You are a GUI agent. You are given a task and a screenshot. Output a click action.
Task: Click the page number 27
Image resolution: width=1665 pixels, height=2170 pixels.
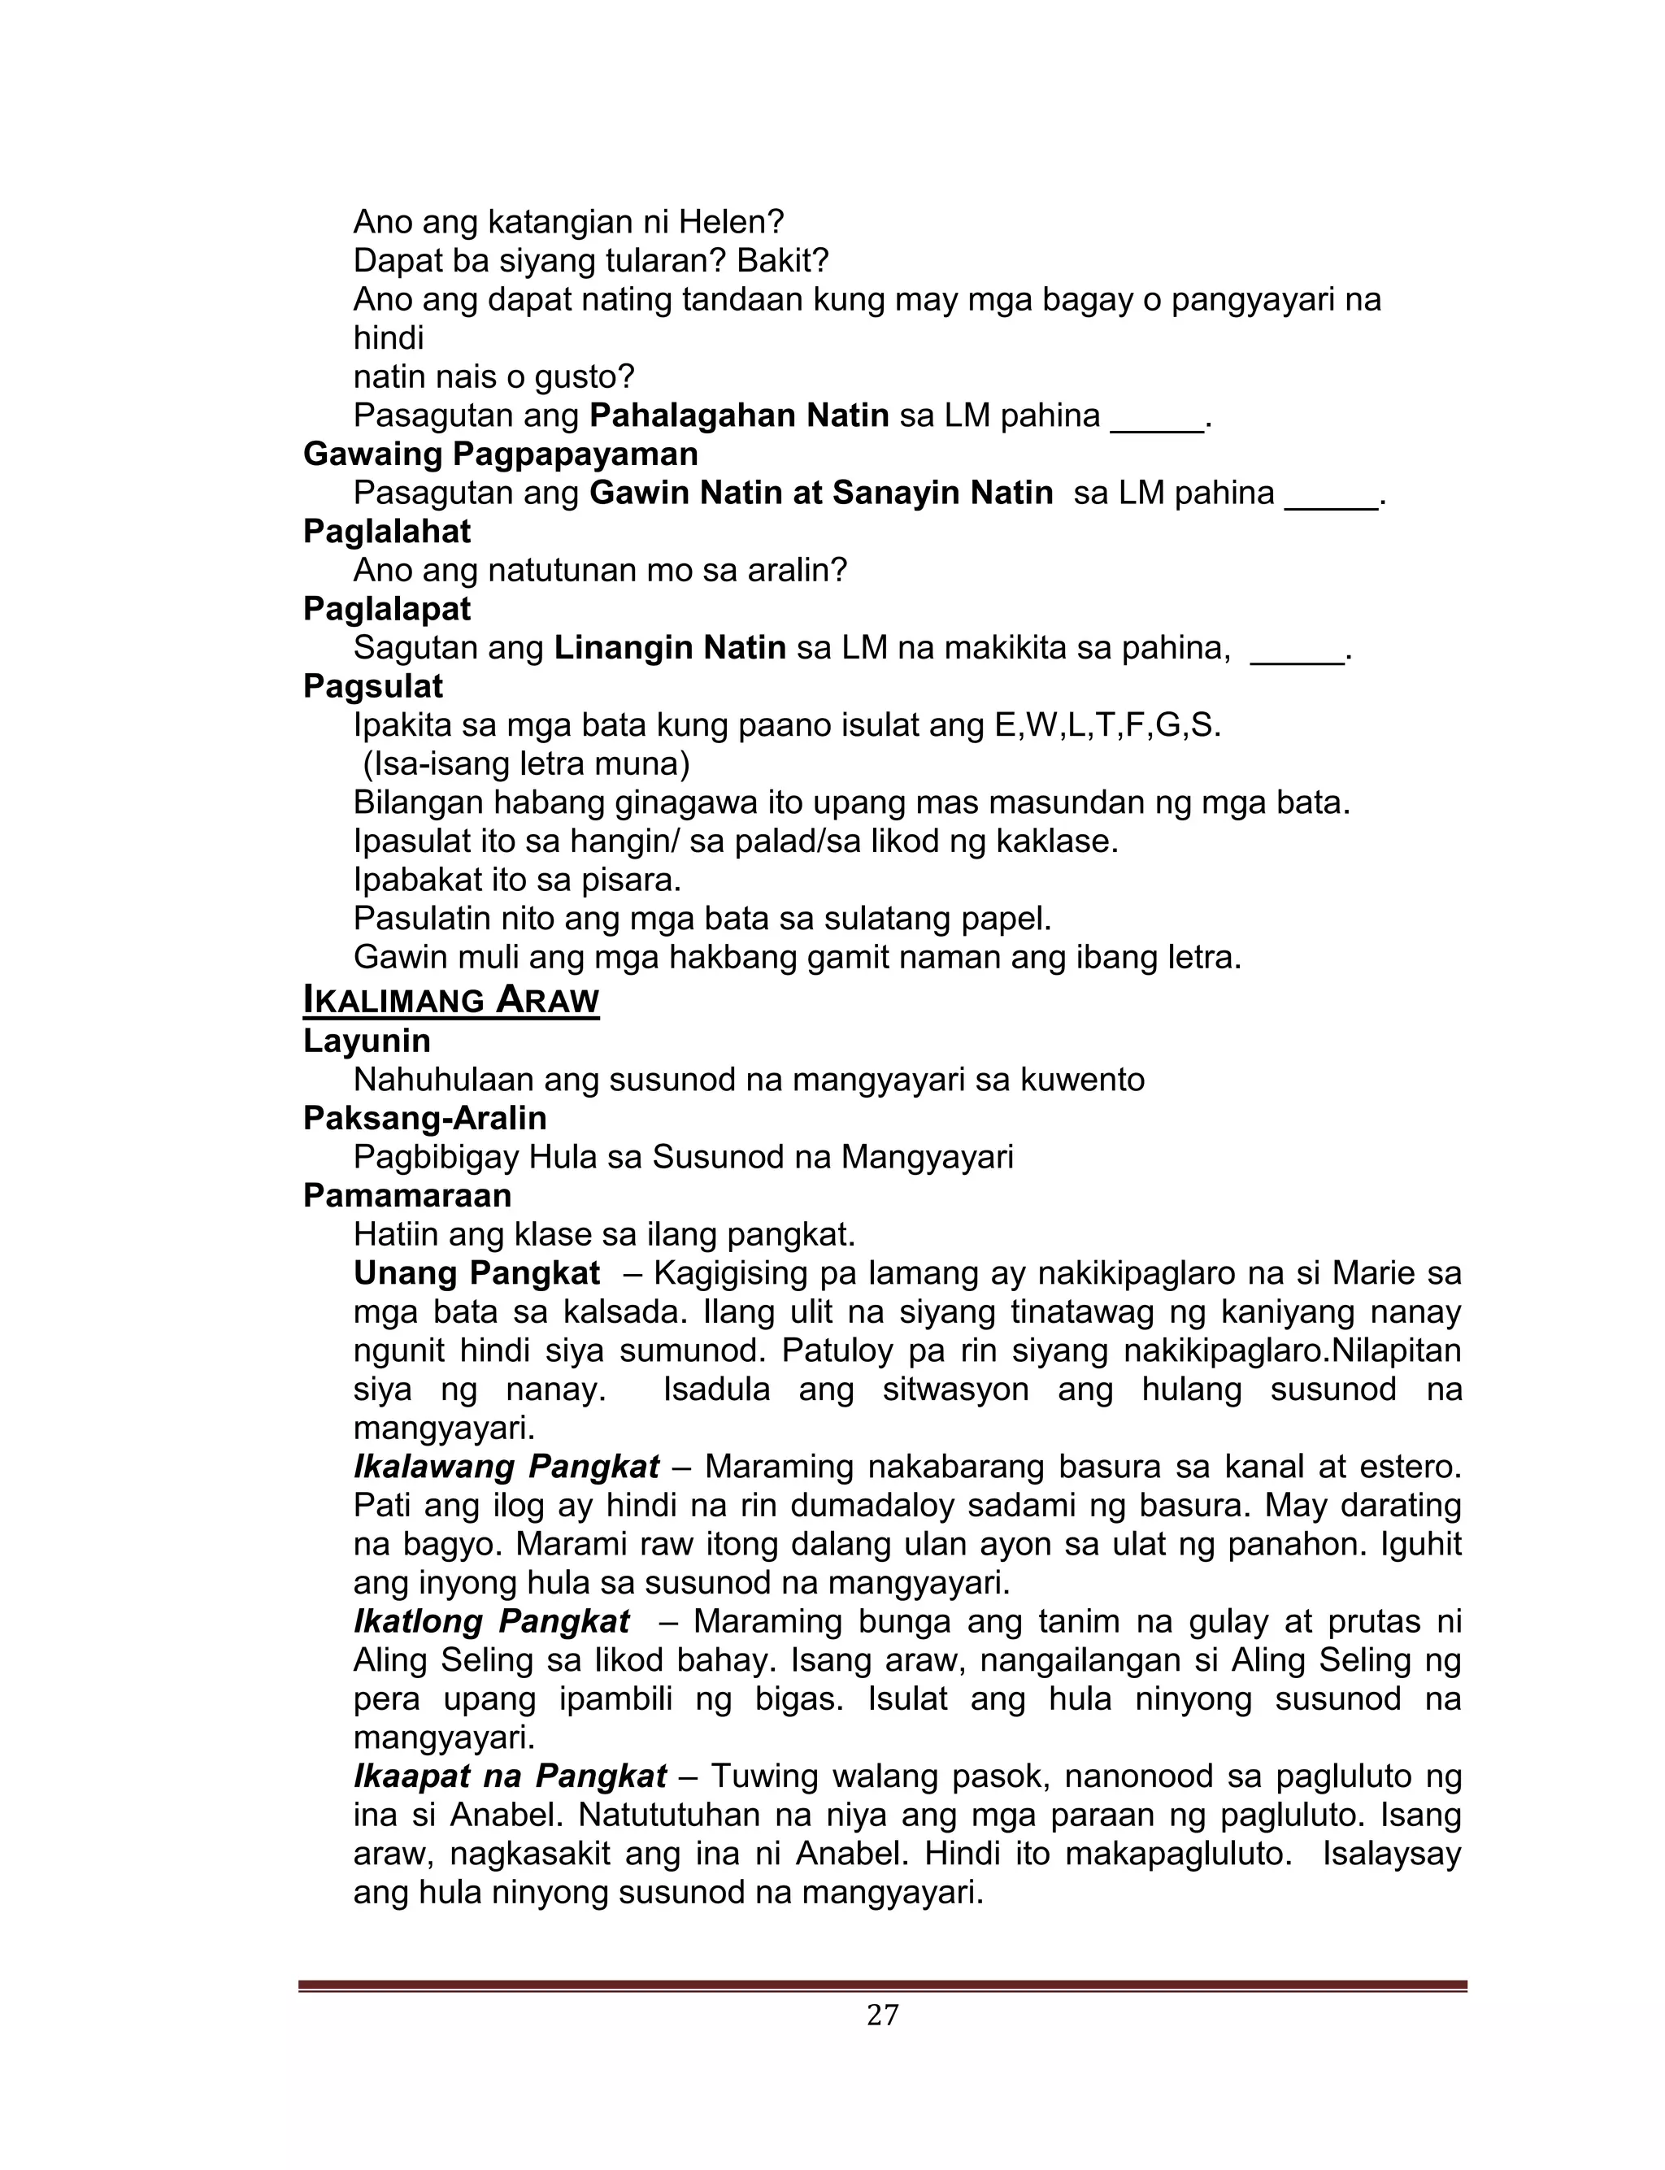click(882, 2015)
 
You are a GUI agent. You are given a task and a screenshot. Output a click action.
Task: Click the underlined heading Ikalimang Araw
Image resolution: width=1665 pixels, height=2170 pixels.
click(451, 1000)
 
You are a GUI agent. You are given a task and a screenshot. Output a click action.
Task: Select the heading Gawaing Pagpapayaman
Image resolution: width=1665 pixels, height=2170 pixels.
click(501, 454)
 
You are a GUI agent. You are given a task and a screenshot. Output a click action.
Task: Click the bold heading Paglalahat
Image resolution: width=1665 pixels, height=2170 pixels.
click(386, 532)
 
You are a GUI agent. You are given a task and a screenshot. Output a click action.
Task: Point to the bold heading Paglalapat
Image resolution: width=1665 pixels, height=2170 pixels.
click(386, 610)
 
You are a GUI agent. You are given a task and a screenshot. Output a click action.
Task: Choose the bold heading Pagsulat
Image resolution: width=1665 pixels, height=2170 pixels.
click(372, 687)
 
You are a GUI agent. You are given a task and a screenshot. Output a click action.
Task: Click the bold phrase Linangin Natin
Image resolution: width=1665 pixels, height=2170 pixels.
click(670, 648)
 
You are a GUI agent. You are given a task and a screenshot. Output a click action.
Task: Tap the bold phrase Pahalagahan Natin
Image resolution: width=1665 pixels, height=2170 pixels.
click(739, 415)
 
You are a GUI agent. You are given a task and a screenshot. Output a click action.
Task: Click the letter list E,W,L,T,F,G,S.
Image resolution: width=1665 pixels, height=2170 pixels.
click(1107, 725)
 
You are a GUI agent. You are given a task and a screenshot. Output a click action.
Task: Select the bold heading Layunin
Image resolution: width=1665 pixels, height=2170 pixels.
click(367, 1041)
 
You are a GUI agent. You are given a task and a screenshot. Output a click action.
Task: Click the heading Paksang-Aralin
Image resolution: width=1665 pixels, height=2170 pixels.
click(425, 1118)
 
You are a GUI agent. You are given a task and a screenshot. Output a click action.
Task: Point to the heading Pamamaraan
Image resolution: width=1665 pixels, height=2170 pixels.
click(407, 1196)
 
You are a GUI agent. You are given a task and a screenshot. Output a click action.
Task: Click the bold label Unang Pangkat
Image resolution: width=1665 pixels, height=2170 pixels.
click(476, 1273)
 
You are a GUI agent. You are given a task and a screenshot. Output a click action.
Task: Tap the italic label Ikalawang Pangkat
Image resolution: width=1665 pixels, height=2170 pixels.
click(506, 1467)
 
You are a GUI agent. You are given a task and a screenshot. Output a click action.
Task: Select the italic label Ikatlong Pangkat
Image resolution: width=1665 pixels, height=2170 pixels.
click(492, 1622)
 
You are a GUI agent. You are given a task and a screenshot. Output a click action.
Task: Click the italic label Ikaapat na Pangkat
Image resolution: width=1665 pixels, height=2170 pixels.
click(511, 1776)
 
